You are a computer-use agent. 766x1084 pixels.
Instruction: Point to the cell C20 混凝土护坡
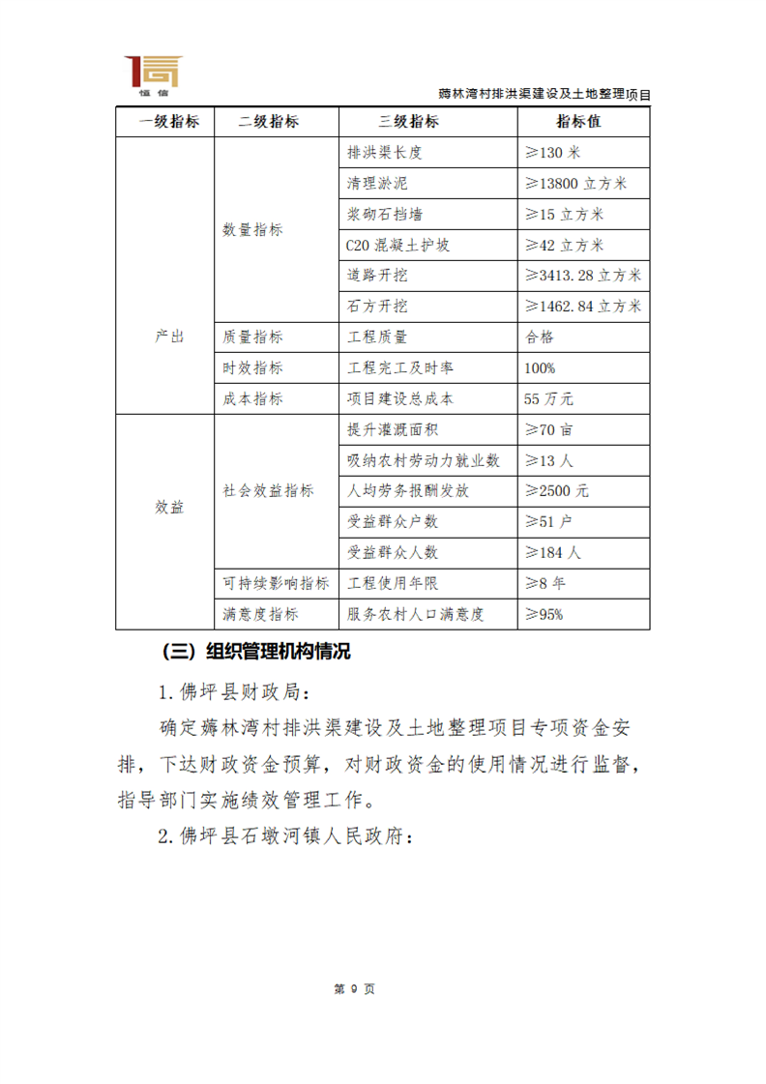397,246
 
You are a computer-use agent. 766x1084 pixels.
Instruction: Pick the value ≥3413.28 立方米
582,276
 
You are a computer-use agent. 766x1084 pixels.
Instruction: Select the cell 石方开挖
376,307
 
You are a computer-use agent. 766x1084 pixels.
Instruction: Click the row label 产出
169,337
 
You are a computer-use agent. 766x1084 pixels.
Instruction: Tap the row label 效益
169,508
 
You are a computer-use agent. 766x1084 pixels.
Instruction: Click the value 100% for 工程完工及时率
540,368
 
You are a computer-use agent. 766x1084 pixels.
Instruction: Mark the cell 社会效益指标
268,490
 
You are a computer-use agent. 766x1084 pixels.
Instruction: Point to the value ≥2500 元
555,490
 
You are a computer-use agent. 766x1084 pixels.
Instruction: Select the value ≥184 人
552,552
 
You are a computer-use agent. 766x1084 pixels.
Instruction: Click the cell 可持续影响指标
276,583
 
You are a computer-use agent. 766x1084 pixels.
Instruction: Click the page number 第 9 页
353,989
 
